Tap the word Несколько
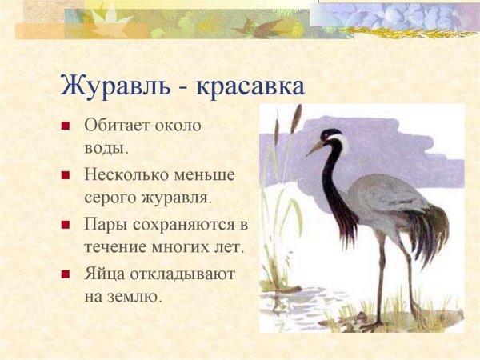point(125,173)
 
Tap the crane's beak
point(315,147)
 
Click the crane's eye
point(330,138)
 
